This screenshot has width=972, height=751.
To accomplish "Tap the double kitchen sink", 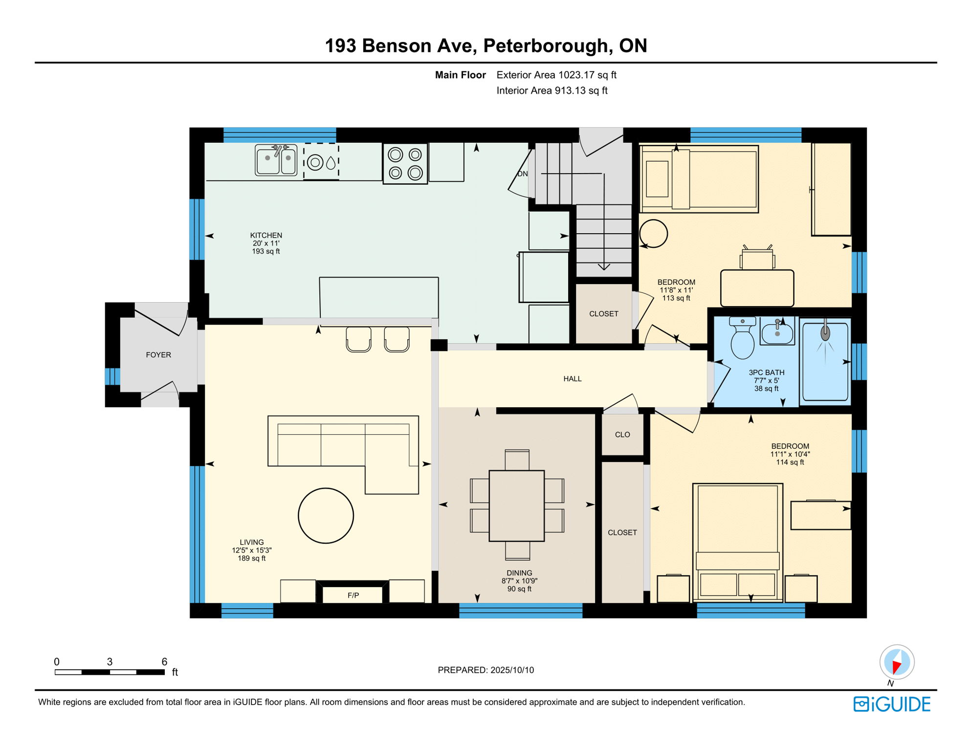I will (276, 160).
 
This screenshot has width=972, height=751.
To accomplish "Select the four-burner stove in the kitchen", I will (405, 164).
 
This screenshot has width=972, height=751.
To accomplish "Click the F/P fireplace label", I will (353, 595).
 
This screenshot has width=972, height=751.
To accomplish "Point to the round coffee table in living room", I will (326, 515).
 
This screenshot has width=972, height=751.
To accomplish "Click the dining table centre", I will (516, 506).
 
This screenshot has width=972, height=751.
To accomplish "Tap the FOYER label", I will (158, 355).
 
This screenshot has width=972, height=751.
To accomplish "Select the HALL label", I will (572, 379).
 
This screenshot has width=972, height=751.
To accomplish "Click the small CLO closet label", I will (622, 435).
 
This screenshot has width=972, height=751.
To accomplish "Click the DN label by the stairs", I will (522, 174).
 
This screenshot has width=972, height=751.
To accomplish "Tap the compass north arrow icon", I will (897, 663).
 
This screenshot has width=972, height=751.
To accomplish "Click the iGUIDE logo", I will (892, 704).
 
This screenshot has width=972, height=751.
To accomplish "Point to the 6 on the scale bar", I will (164, 662).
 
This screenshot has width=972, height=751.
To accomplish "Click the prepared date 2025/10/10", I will (512, 670).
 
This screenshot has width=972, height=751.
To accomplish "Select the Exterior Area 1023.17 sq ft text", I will (556, 75).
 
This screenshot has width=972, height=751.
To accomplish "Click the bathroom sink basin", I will (777, 332).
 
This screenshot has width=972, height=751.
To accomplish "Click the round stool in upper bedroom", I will (653, 234).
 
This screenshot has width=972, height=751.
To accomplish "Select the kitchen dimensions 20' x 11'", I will (266, 243).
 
